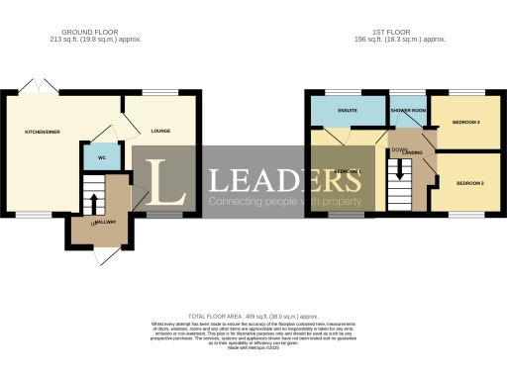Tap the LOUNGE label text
tap(161, 130)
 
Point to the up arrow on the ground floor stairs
tap(93, 202)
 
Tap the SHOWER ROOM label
tap(407, 110)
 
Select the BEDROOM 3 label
tap(466, 122)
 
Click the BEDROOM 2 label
tap(468, 183)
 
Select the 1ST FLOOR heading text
tap(402, 33)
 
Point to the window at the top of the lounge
tap(161, 92)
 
